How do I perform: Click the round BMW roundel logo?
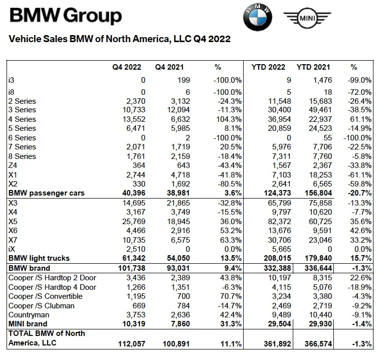[x=257, y=19]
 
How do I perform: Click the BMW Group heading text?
[x=66, y=17]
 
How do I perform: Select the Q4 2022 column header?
[x=126, y=67]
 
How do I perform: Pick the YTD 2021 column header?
[x=313, y=67]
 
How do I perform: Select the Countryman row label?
[x=29, y=315]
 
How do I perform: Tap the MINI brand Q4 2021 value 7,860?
[x=175, y=324]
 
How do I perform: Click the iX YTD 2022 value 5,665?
[x=277, y=249]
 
